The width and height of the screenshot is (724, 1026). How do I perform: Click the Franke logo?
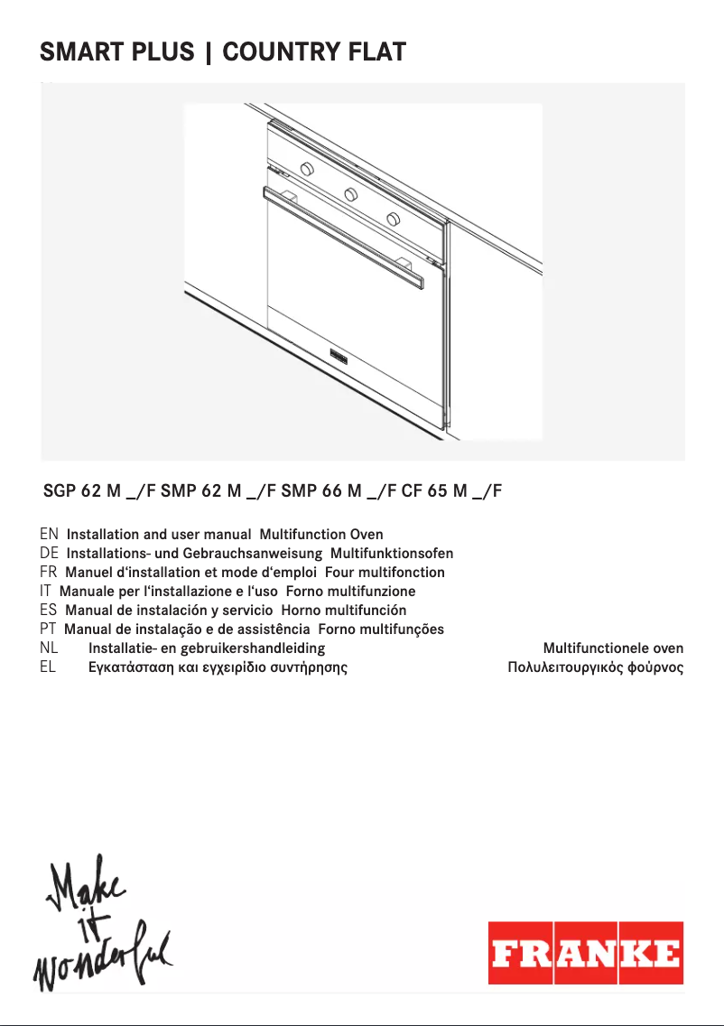click(x=586, y=953)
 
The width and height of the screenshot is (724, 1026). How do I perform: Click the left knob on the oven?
click(x=307, y=169)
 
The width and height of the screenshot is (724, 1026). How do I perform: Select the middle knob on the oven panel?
click(x=350, y=194)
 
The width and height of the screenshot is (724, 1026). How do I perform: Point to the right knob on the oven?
click(x=393, y=219)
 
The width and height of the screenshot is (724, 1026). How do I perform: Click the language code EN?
click(x=50, y=535)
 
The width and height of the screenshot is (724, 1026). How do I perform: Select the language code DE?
click(x=50, y=553)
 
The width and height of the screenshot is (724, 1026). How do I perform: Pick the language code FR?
click(x=50, y=572)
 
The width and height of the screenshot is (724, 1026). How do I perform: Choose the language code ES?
click(x=50, y=610)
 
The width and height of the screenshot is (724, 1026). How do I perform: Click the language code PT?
click(x=50, y=629)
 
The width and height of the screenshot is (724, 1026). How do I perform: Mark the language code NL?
click(x=50, y=648)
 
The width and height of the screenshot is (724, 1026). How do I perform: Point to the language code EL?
click(x=50, y=667)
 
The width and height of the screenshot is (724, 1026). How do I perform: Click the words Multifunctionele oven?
click(x=613, y=648)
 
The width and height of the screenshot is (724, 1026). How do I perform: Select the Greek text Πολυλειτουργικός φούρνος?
click(x=596, y=668)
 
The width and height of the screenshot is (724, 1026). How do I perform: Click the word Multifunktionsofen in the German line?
click(x=392, y=554)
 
